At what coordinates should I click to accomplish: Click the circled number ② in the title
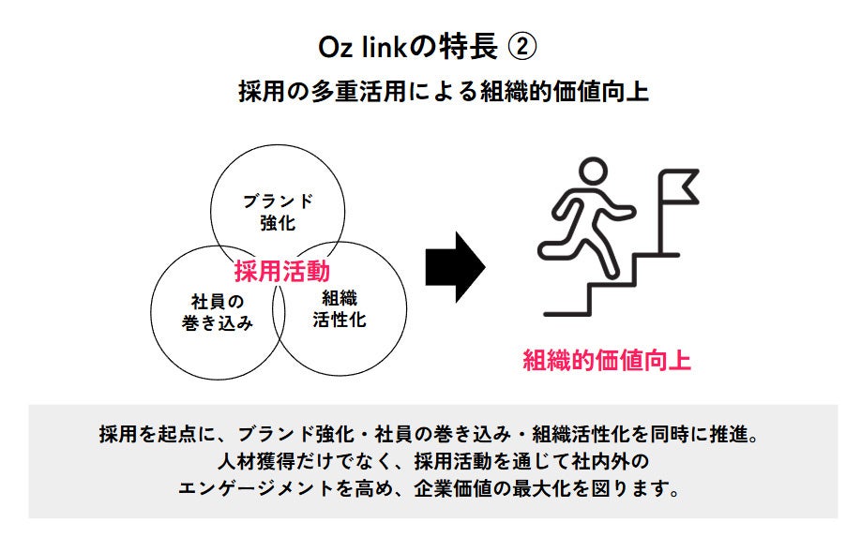click(x=523, y=46)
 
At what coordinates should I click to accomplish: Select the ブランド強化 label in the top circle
click(x=277, y=212)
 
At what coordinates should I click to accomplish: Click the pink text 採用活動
click(x=282, y=272)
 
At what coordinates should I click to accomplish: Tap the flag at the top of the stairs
click(x=681, y=185)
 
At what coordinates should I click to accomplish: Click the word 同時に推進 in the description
click(x=703, y=434)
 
